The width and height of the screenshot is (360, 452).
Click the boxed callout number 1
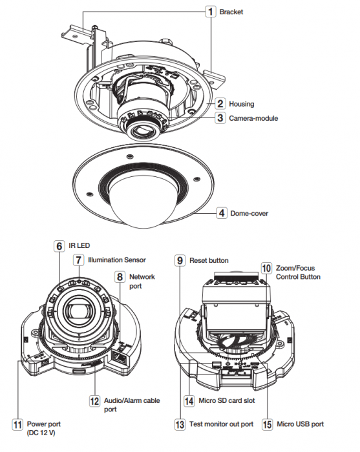coord(211,12)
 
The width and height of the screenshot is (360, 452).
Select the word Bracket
coord(231,12)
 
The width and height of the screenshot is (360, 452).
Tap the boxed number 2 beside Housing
coord(220,103)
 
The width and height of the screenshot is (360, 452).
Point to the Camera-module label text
coord(253,118)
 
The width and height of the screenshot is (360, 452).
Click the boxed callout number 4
coord(222,213)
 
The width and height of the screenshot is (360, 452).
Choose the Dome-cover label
coord(249,213)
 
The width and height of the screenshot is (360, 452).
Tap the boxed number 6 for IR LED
coord(59,246)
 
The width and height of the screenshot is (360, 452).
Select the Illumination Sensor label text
coord(117,260)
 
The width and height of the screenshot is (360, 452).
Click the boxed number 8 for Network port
coord(120,277)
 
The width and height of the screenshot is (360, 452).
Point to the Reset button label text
coord(209,260)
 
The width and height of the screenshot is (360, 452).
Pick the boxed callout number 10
coord(266,268)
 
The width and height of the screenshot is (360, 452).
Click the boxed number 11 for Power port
coord(17,424)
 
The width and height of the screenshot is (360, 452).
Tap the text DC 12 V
coord(41,433)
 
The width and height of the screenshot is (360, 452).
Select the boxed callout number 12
coord(94,401)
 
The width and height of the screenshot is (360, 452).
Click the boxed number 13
coord(180,424)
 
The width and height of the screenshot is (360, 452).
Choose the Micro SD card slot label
coord(227,400)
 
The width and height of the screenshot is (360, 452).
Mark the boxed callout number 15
coord(267,424)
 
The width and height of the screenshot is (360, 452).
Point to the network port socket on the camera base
coord(118,358)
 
